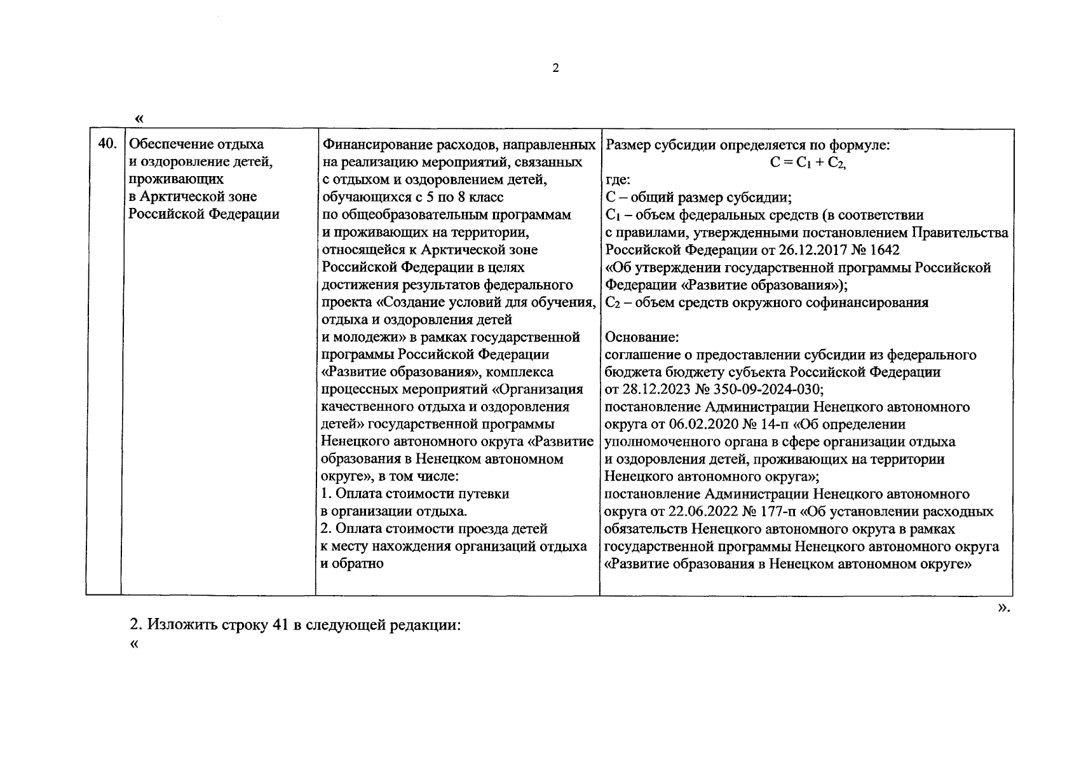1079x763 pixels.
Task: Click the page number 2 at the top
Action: pyautogui.click(x=556, y=69)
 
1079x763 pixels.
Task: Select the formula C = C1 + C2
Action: pyautogui.click(x=808, y=163)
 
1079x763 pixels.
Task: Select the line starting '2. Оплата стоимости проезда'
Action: pyautogui.click(x=434, y=529)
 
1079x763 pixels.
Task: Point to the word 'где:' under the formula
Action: pyautogui.click(x=618, y=180)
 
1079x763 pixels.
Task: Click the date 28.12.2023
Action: pyautogui.click(x=657, y=389)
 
